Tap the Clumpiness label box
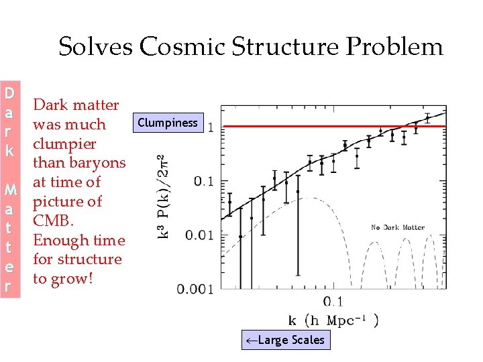(167, 123)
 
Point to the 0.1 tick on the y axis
(203, 181)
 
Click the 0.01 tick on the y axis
(199, 235)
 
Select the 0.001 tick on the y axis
(195, 289)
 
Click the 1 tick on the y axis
(212, 127)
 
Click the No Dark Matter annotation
(397, 227)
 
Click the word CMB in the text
(50, 221)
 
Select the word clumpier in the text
(64, 143)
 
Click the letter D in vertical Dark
(9, 92)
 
